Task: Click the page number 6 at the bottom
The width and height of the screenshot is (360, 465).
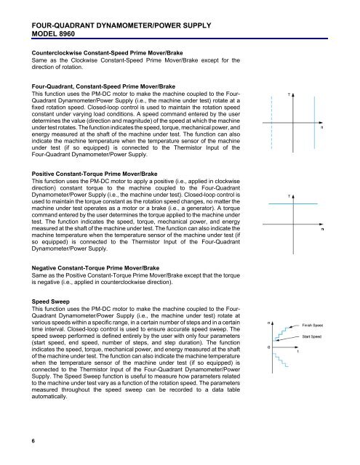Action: [24, 439]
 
